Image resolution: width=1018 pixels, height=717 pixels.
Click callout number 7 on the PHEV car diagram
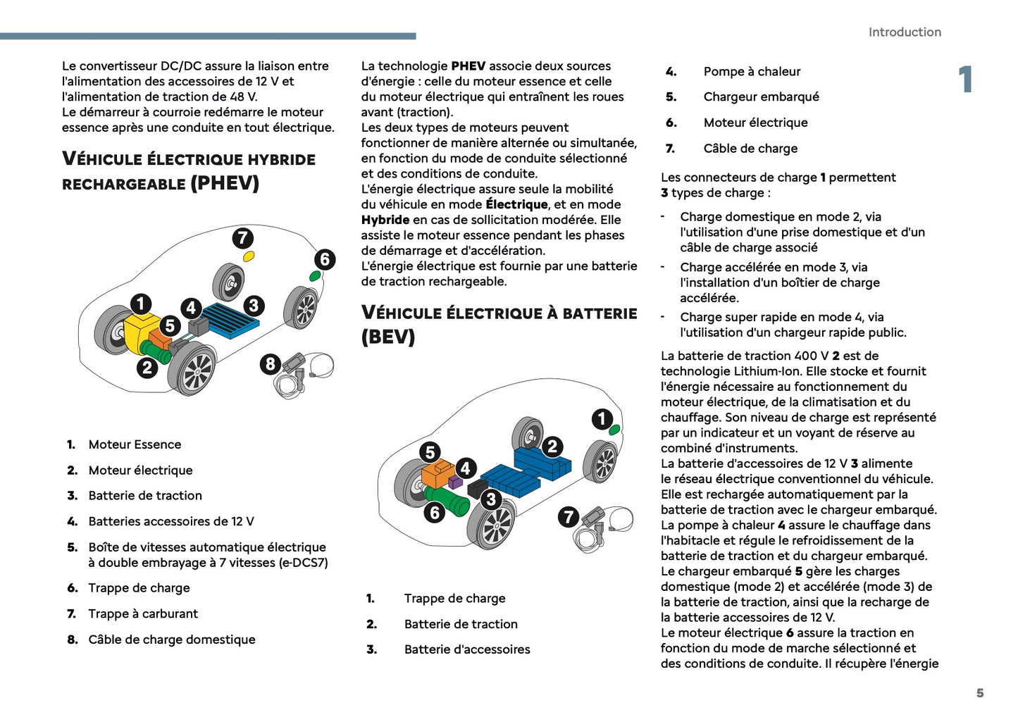(x=243, y=238)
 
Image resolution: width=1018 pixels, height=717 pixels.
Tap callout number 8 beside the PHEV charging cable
(x=271, y=364)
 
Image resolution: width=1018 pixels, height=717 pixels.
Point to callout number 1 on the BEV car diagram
(x=602, y=419)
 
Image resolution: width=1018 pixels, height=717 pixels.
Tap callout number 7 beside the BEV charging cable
(x=569, y=517)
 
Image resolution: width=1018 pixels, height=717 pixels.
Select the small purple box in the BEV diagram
(x=455, y=482)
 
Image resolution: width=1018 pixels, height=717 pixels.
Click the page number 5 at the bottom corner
(x=979, y=693)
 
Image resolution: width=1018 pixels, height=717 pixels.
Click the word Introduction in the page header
(x=905, y=32)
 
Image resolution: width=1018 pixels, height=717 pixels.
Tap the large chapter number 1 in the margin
(x=966, y=80)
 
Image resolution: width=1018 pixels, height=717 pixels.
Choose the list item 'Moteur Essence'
(x=135, y=444)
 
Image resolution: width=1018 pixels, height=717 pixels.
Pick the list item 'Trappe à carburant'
(x=143, y=613)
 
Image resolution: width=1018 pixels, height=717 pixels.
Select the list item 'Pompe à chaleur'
(x=752, y=71)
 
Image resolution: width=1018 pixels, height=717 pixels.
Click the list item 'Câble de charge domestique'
(x=172, y=640)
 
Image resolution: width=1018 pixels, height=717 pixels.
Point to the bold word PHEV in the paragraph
(x=468, y=66)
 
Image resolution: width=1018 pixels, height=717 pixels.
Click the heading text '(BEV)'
(x=388, y=337)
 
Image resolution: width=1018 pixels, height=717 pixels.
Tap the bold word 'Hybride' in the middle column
(x=385, y=220)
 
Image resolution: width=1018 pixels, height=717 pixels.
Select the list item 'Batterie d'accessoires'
(x=467, y=649)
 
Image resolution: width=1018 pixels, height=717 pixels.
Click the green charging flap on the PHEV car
(x=315, y=276)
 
